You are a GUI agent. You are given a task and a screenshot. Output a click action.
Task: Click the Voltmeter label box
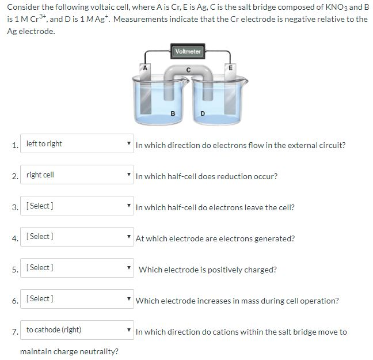188,51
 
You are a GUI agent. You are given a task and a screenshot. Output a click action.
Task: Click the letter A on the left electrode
146,67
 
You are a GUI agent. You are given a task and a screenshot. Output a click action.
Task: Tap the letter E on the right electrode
231,67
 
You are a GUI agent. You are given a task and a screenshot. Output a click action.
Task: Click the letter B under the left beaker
173,113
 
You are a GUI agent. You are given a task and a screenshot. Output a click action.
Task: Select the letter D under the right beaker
202,113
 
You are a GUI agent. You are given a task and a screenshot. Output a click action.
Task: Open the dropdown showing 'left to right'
77,144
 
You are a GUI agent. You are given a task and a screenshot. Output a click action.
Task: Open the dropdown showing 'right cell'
77,175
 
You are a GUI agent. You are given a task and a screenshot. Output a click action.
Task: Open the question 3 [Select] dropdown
77,206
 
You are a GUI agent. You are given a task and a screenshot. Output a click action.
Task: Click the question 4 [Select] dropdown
77,237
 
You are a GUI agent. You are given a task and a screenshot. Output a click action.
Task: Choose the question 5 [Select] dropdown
77,268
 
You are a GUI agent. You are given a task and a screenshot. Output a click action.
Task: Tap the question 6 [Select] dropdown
77,299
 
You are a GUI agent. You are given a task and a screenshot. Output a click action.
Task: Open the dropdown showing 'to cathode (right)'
77,330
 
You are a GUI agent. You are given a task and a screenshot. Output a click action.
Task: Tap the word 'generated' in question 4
276,238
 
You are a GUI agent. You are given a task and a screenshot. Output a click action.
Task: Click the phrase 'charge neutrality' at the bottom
86,351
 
